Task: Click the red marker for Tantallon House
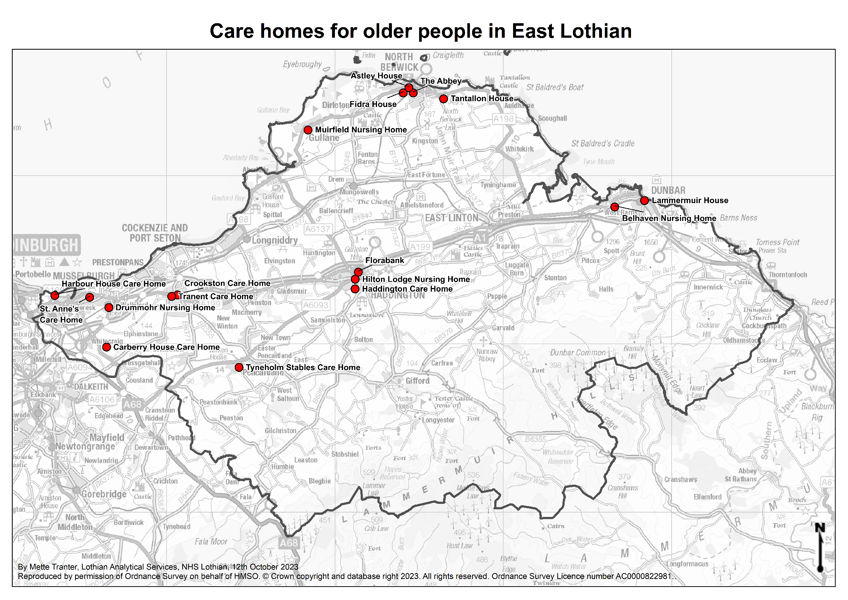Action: click(x=443, y=99)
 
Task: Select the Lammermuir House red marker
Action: click(x=644, y=201)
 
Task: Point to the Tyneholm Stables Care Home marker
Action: click(x=239, y=367)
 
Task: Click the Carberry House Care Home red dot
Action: click(x=106, y=347)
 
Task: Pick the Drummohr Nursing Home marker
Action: click(x=108, y=308)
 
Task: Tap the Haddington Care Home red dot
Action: click(x=355, y=289)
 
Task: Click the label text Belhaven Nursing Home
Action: click(x=669, y=218)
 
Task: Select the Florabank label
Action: click(x=385, y=260)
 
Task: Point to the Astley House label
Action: click(x=376, y=76)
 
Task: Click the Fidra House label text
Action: click(x=373, y=104)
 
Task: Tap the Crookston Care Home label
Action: click(x=227, y=283)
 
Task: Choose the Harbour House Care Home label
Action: click(x=114, y=284)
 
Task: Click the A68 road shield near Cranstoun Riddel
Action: click(x=132, y=404)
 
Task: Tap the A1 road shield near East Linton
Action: click(x=480, y=238)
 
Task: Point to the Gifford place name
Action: click(x=417, y=381)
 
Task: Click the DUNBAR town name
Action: click(x=668, y=191)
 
